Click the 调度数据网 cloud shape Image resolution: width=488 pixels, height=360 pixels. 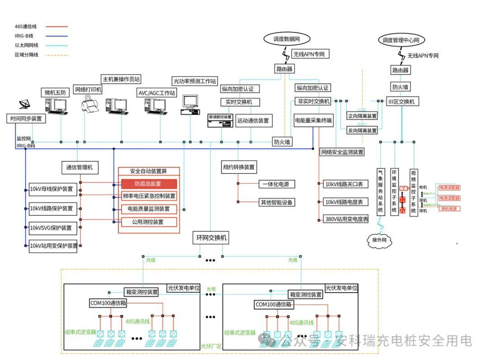tap(283, 39)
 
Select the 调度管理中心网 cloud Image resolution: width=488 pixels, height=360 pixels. tap(401, 40)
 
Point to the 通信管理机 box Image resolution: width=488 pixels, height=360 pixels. tap(80, 167)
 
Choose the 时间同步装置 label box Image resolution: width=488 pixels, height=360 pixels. tap(26, 119)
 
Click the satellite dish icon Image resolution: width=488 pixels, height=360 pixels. tap(26, 105)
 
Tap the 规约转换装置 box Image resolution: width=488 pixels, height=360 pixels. tap(239, 167)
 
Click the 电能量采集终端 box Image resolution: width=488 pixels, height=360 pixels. tap(313, 120)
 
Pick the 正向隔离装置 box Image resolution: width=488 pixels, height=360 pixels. tap(361, 116)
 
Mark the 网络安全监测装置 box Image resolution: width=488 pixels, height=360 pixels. tap(342, 152)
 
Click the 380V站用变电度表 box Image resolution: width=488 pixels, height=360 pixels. tap(346, 219)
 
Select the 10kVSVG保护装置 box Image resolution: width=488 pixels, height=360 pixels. tap(51, 227)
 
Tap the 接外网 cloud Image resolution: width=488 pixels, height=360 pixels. tap(377, 240)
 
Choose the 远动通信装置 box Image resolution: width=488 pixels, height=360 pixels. tap(253, 120)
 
